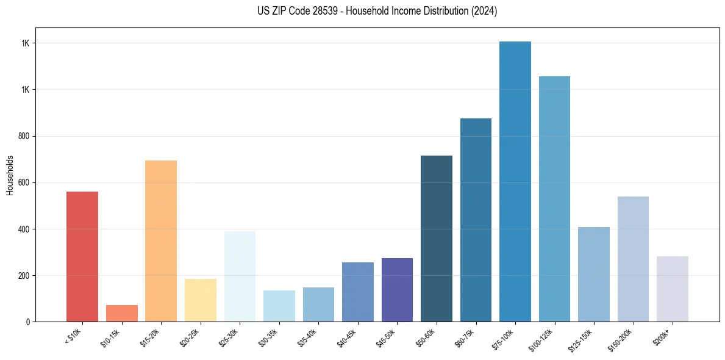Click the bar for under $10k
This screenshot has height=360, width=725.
[82, 256]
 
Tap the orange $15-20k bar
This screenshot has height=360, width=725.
[161, 241]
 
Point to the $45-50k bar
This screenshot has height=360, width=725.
[397, 290]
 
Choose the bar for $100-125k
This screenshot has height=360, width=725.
[554, 199]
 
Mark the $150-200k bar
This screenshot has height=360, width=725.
[633, 259]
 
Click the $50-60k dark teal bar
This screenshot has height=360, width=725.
[437, 239]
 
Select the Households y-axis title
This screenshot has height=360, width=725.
[10, 175]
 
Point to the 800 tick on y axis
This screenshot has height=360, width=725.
[25, 136]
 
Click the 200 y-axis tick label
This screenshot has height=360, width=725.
[25, 275]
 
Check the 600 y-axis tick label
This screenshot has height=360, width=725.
[25, 182]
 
